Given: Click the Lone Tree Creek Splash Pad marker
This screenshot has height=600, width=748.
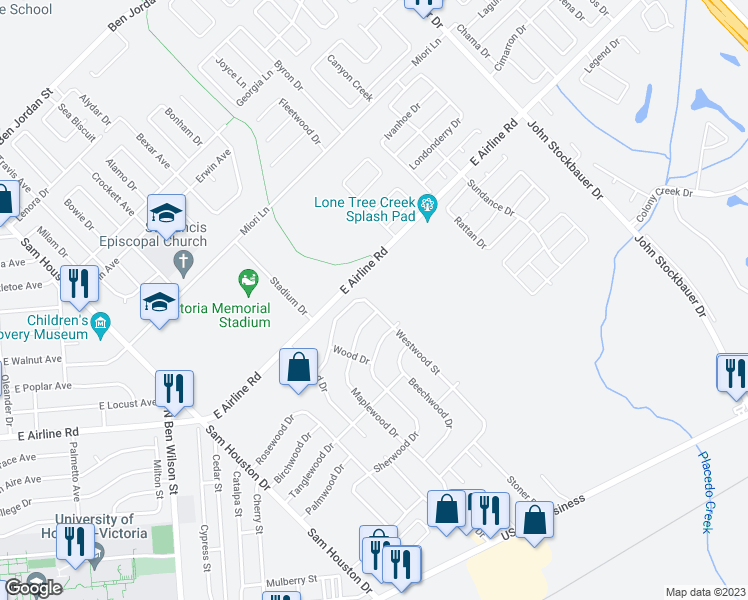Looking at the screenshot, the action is [x=428, y=208].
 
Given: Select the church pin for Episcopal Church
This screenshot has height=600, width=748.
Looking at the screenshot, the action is [x=182, y=263].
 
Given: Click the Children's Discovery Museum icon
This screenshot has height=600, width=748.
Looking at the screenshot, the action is [x=99, y=323].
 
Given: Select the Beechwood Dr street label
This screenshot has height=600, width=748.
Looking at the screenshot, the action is [x=430, y=402].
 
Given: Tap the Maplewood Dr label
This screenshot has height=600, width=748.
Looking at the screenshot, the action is [x=376, y=413].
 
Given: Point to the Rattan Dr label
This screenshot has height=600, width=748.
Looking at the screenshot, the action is [x=469, y=232].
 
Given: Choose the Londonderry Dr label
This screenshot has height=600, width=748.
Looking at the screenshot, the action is [x=434, y=144].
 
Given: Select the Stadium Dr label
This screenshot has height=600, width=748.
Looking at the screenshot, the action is [x=287, y=296].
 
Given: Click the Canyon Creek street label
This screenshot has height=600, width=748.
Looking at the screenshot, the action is [x=350, y=77].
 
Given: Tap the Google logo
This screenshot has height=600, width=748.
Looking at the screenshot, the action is [x=32, y=588].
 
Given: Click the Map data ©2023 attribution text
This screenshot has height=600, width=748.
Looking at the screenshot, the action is [x=706, y=592].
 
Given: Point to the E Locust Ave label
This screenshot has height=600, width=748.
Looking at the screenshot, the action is [x=128, y=404].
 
